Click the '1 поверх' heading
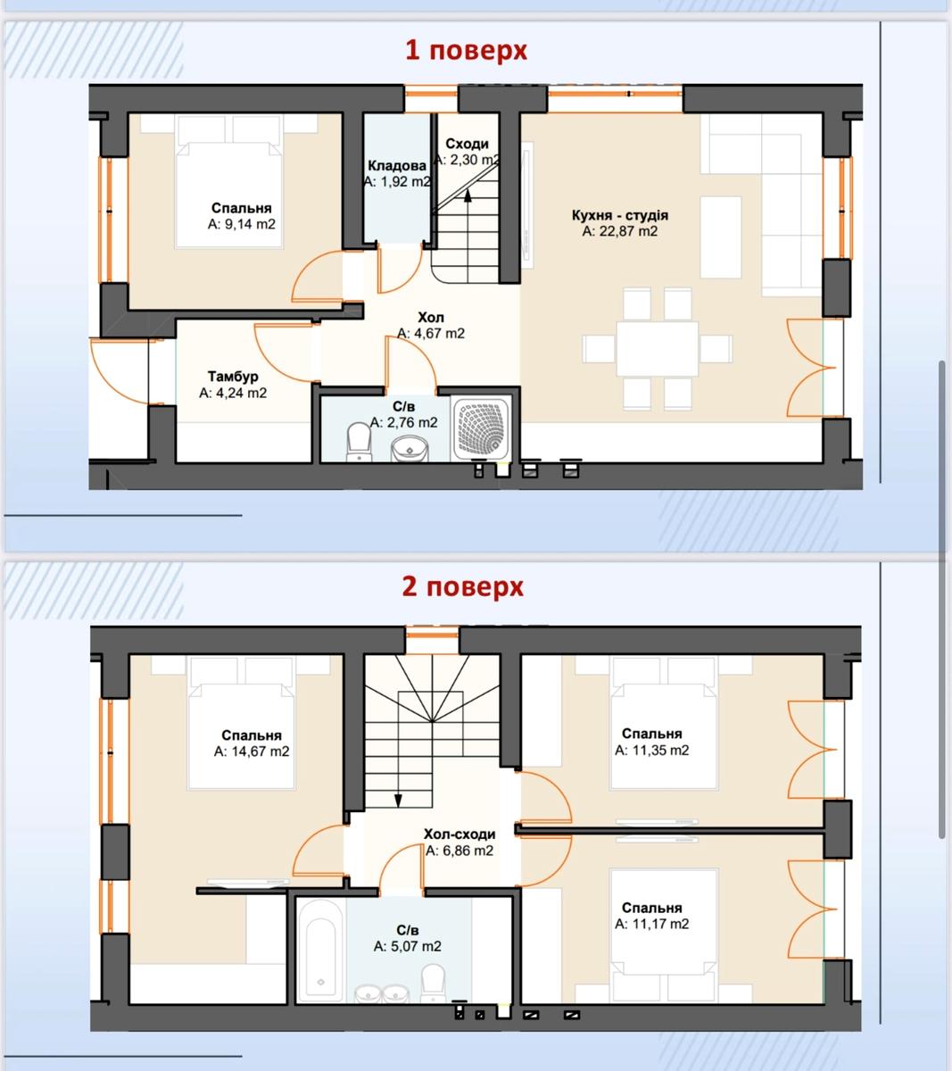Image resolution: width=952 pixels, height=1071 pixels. pyautogui.click(x=466, y=51)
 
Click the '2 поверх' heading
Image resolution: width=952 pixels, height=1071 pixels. pyautogui.click(x=462, y=587)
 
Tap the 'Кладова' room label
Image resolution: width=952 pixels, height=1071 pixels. pyautogui.click(x=396, y=166)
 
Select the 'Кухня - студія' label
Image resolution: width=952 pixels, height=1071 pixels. pyautogui.click(x=620, y=215)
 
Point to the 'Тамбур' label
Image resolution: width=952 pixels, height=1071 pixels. pyautogui.click(x=233, y=377)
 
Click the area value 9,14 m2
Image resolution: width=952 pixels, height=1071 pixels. pyautogui.click(x=242, y=224)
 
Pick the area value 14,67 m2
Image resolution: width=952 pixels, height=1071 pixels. pyautogui.click(x=252, y=751)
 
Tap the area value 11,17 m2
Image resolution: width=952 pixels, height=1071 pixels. pyautogui.click(x=651, y=924)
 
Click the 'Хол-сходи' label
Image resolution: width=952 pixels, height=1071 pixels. pyautogui.click(x=459, y=834)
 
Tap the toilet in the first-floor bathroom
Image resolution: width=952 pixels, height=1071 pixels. pyautogui.click(x=359, y=443)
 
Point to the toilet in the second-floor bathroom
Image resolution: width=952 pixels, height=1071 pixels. pyautogui.click(x=433, y=982)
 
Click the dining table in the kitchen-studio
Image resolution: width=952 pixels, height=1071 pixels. pyautogui.click(x=657, y=349)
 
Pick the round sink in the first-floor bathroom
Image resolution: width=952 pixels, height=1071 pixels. pyautogui.click(x=410, y=450)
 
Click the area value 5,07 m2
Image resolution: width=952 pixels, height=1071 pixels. pyautogui.click(x=408, y=946)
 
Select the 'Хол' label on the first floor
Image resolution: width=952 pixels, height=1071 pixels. pyautogui.click(x=431, y=318)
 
